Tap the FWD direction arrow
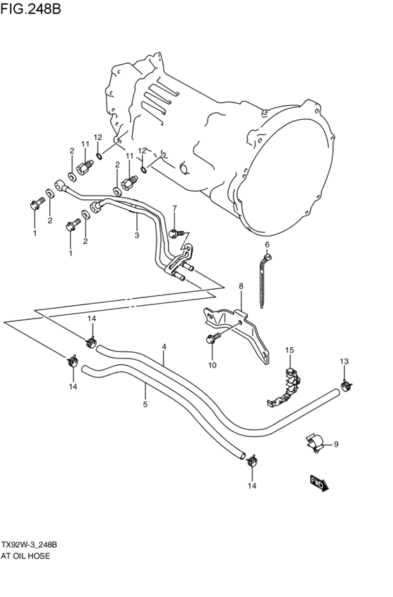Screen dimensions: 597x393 (x=319, y=483)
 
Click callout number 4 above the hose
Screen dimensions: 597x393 (x=164, y=347)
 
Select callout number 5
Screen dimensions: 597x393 (x=145, y=404)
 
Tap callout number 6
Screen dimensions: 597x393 (x=267, y=245)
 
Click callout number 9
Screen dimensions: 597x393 (x=335, y=443)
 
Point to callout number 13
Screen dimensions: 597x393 (x=344, y=361)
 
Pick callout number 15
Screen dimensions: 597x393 (x=288, y=349)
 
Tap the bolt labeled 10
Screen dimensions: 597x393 (x=212, y=340)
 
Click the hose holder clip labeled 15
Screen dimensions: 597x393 (x=288, y=386)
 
